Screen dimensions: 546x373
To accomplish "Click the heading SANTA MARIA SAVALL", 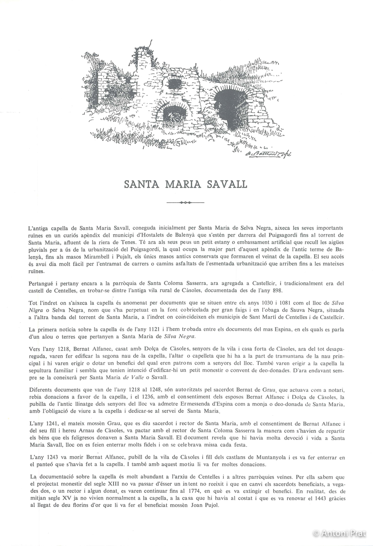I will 186,184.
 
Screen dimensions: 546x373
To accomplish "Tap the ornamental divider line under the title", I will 186,202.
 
